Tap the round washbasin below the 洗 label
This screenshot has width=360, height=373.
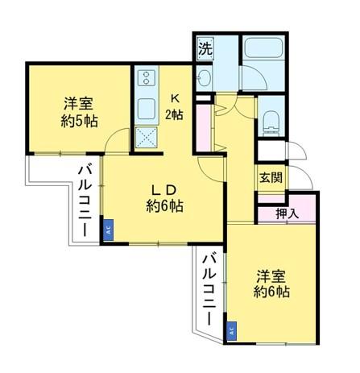[204, 78]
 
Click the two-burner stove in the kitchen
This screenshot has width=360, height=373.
[147, 78]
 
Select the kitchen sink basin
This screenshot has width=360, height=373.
[147, 108]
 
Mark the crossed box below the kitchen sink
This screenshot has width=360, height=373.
[147, 137]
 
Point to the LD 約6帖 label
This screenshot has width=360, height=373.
[165, 198]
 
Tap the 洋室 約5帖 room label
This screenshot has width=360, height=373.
[79, 112]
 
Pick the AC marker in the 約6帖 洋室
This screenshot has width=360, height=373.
[232, 329]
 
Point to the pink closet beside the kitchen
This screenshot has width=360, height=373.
[203, 125]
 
